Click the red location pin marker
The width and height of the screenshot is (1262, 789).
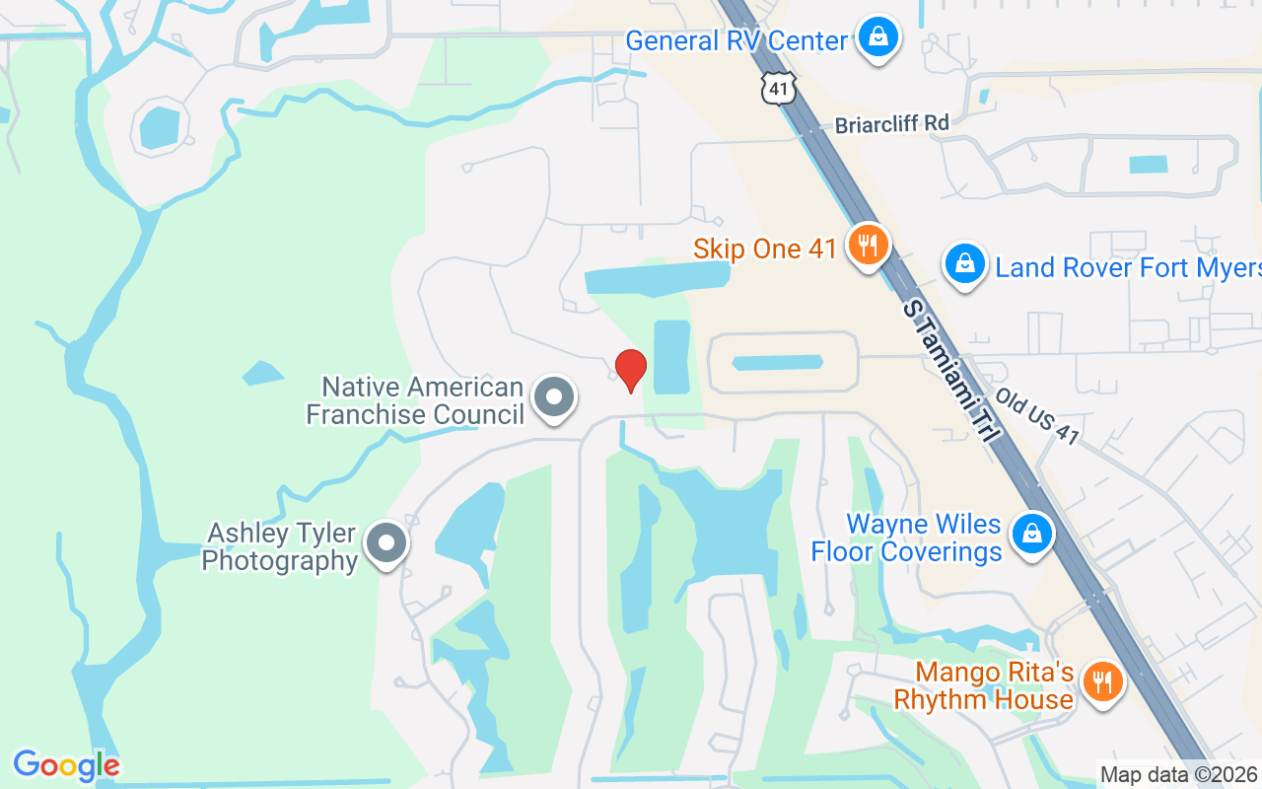tap(630, 370)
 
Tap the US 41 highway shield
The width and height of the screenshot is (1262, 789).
tap(778, 89)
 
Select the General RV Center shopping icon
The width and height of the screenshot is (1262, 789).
tap(876, 38)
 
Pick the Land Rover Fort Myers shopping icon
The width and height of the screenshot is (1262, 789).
tap(965, 264)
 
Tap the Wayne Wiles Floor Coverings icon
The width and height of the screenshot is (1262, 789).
tap(1031, 534)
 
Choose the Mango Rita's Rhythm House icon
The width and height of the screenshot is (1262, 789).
tap(1102, 681)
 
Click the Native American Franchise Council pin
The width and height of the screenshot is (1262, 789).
tap(553, 397)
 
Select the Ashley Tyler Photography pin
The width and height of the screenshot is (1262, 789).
tap(386, 543)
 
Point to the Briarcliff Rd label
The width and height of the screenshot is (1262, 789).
tap(891, 124)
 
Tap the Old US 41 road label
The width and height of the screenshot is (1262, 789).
tap(1036, 415)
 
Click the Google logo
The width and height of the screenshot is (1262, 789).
tap(66, 765)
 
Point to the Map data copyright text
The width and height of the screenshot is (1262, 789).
tap(1179, 775)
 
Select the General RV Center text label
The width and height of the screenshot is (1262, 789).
tap(736, 41)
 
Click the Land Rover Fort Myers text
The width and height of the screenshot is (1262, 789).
tap(1128, 267)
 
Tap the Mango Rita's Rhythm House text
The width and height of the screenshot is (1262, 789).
tap(983, 686)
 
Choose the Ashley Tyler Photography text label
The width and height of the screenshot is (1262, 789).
tap(280, 547)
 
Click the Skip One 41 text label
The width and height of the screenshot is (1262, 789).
tap(765, 249)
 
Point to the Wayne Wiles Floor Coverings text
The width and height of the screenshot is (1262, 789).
tap(906, 538)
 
